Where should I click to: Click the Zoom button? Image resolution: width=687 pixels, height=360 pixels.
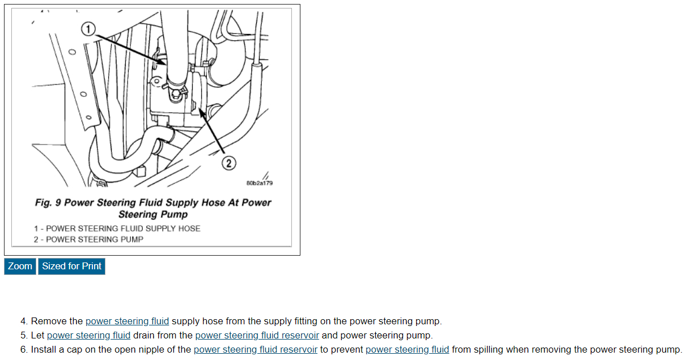(x=20, y=266)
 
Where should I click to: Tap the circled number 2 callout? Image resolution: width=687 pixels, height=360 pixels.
(x=228, y=163)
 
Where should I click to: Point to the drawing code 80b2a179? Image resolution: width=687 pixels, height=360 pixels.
(x=260, y=183)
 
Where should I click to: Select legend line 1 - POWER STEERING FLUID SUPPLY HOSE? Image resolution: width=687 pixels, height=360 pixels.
(x=117, y=228)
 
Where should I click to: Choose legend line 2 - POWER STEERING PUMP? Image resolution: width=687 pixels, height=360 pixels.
(x=88, y=239)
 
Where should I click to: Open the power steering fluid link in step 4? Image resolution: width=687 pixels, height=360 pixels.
(x=127, y=321)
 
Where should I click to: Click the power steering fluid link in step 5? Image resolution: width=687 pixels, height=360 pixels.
(x=88, y=335)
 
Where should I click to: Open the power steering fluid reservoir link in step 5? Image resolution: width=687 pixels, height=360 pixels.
(x=257, y=335)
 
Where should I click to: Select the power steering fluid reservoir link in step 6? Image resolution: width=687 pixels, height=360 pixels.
(x=255, y=349)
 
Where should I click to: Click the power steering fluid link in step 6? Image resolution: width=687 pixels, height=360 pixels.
(x=407, y=349)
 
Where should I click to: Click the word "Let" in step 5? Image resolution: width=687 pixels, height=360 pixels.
(x=37, y=335)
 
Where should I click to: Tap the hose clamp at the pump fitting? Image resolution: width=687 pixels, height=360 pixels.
(x=176, y=90)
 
